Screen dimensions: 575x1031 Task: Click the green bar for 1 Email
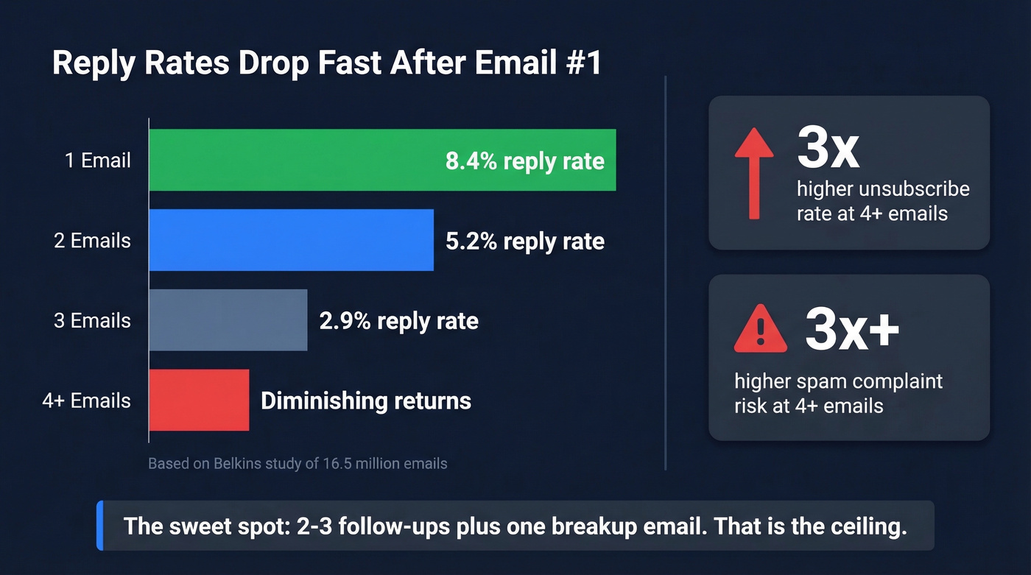(x=295, y=160)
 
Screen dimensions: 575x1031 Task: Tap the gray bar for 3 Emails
(x=228, y=320)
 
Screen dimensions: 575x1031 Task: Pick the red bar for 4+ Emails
(x=199, y=400)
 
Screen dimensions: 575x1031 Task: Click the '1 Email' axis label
(x=97, y=160)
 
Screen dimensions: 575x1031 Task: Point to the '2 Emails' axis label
(x=92, y=241)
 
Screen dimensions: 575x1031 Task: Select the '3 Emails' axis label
(x=92, y=321)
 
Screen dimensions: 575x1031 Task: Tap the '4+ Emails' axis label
(x=86, y=401)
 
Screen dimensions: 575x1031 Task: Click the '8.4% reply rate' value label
(x=524, y=161)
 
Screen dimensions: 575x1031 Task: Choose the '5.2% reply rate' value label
(x=524, y=241)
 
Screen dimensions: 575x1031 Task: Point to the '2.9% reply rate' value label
(x=398, y=321)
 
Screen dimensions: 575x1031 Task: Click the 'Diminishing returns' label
(x=366, y=401)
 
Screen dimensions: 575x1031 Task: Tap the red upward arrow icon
(x=754, y=173)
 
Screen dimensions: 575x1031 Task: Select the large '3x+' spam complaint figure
(x=852, y=329)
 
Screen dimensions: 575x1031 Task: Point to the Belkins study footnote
(x=298, y=464)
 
